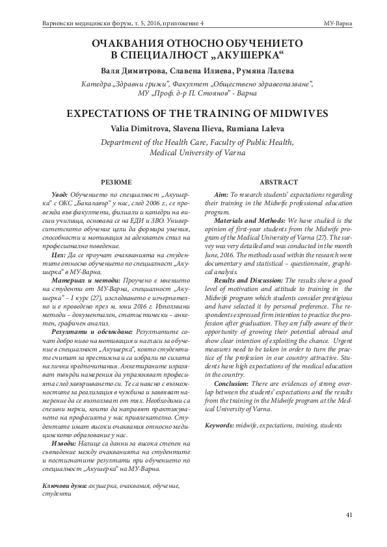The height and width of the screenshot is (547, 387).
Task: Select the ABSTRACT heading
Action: coord(278,181)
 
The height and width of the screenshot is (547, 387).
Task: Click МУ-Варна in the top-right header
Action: coord(338,23)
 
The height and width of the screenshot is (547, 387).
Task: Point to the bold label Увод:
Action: coord(60,195)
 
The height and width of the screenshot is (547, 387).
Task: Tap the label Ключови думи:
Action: coord(63,485)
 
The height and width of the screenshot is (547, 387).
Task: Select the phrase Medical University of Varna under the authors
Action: coord(193,154)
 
